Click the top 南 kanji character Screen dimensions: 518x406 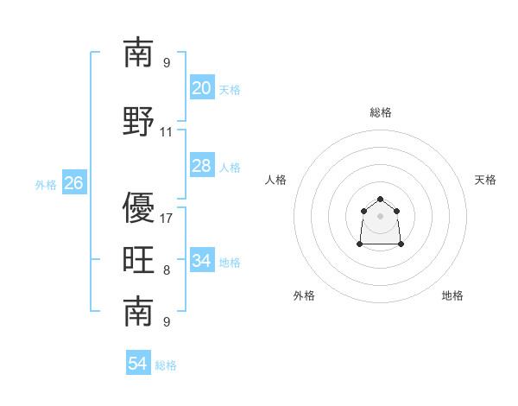[138, 52]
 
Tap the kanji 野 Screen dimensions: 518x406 [138, 121]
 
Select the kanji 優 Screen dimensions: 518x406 [138, 207]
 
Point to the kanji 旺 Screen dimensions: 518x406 [138, 259]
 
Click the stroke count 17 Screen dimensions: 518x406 [166, 219]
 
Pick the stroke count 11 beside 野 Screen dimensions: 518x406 [166, 132]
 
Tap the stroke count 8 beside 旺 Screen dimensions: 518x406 [167, 270]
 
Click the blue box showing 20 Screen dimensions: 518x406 [202, 87]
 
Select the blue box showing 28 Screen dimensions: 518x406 [202, 165]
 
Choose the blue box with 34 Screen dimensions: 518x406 [202, 259]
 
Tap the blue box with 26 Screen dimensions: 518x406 [74, 182]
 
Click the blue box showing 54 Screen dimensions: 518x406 [138, 362]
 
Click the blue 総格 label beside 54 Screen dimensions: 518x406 [166, 365]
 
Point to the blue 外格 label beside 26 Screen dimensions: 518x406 [46, 185]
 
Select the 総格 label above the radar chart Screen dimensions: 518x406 [381, 112]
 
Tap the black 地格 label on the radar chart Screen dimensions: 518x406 [452, 295]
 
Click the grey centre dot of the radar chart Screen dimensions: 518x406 [380, 216]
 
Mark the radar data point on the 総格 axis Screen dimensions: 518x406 [380, 199]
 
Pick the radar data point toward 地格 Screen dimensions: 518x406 [401, 244]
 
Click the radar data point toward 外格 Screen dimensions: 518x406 [360, 244]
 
